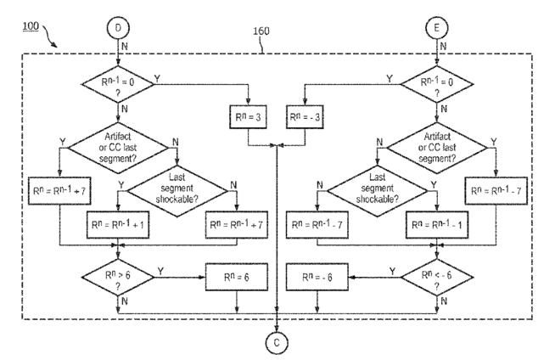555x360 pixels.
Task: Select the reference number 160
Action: tap(261, 31)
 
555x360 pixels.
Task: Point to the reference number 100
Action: tap(31, 26)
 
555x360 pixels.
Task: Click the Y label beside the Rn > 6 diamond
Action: tap(160, 272)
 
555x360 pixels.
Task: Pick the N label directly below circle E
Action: tap(443, 46)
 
